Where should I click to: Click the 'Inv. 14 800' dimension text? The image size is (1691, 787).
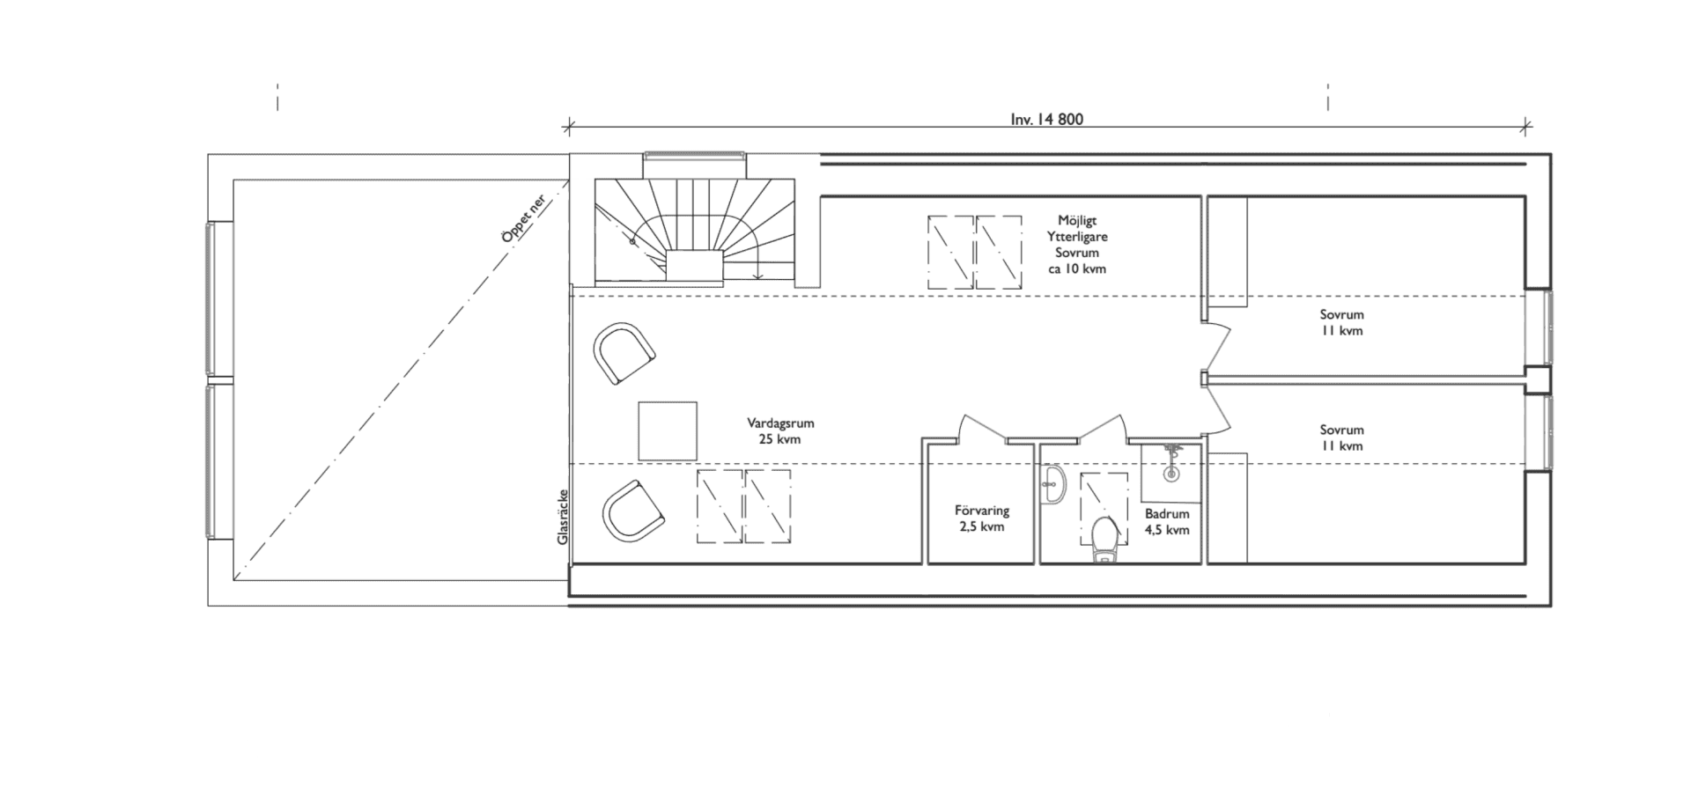(1046, 120)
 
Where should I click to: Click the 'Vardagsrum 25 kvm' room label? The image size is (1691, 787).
(779, 430)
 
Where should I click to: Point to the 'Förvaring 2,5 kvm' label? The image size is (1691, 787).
(981, 519)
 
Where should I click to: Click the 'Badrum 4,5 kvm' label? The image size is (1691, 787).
(1167, 521)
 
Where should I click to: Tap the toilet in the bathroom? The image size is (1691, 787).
(1104, 539)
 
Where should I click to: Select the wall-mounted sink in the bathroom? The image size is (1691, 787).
(1053, 486)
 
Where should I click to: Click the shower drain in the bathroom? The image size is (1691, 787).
(1170, 474)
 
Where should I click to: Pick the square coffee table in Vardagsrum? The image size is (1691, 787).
(668, 430)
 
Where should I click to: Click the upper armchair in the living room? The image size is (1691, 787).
(624, 352)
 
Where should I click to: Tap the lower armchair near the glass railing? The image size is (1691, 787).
(631, 511)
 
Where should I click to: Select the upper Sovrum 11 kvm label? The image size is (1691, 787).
(1341, 322)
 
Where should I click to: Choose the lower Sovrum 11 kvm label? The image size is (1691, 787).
(1341, 438)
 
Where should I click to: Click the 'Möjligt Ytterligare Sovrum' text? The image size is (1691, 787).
(1077, 245)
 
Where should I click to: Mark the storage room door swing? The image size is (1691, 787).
(982, 429)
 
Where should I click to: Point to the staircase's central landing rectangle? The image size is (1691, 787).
(694, 265)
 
